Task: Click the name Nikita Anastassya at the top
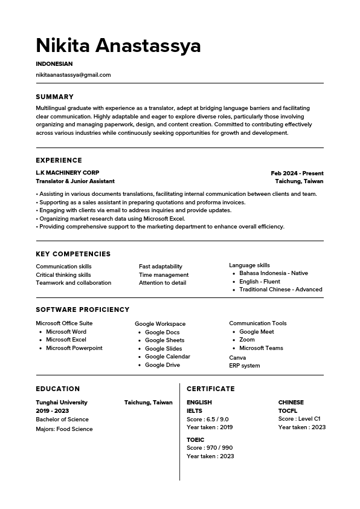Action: click(118, 45)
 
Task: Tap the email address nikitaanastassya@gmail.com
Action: click(73, 75)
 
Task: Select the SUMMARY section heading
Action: click(54, 97)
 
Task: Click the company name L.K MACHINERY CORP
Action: click(68, 173)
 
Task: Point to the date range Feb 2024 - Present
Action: click(297, 173)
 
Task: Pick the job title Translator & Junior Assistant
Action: click(75, 181)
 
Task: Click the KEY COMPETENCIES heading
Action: click(73, 254)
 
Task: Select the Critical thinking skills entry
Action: click(63, 274)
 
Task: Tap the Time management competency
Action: click(164, 274)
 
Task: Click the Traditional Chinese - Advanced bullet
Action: click(280, 290)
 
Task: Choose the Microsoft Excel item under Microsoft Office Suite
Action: click(66, 340)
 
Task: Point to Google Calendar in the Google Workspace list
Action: click(167, 357)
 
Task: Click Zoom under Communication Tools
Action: click(247, 340)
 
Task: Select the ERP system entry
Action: click(245, 366)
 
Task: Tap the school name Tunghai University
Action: click(62, 403)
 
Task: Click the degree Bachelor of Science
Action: click(62, 420)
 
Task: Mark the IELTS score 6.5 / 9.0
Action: click(208, 420)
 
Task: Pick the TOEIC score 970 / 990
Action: click(210, 448)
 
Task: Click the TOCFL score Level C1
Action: click(300, 419)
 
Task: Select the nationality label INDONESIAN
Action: click(54, 63)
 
